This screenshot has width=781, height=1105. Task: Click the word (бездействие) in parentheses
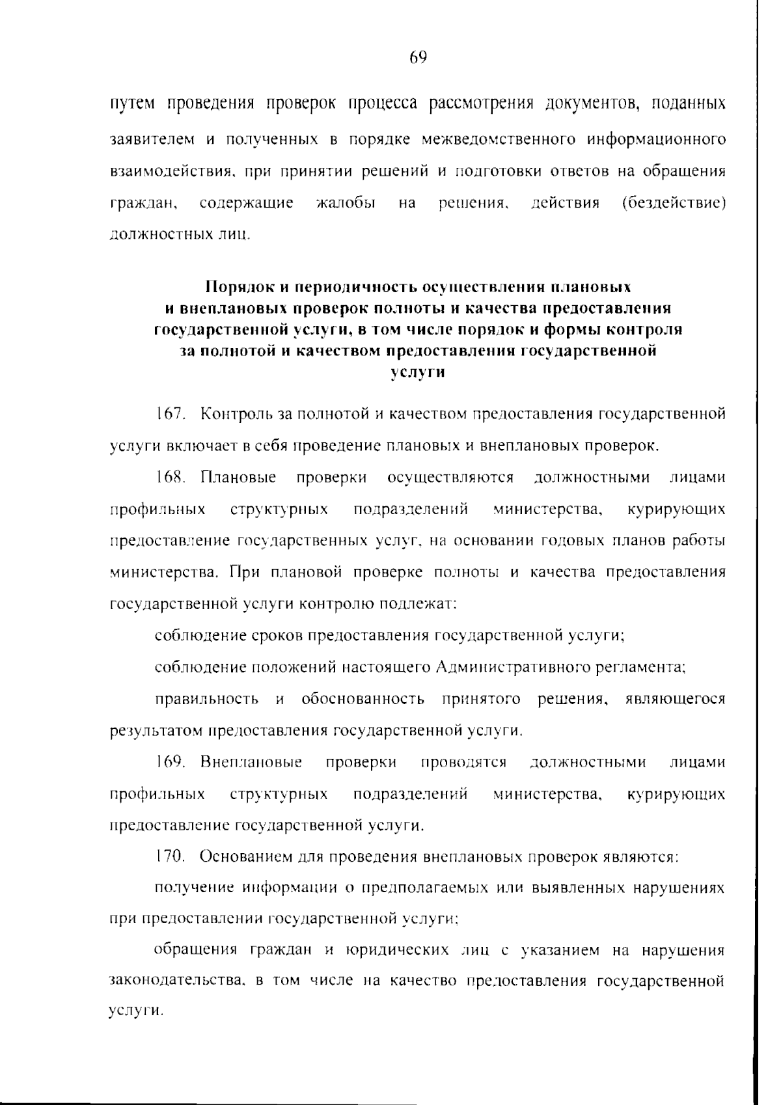pos(674,203)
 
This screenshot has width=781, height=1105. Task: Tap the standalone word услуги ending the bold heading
pos(418,373)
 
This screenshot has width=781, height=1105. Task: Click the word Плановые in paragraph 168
pos(238,478)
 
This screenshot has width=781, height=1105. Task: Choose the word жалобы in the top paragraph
pos(345,203)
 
